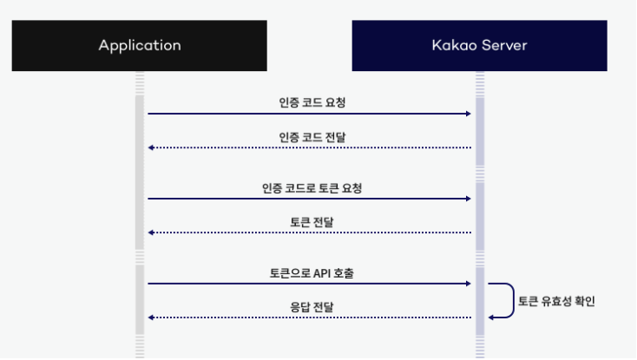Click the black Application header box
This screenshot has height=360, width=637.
[x=140, y=45]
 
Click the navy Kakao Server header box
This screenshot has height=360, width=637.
[x=479, y=45]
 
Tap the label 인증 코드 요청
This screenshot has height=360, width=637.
[x=310, y=101]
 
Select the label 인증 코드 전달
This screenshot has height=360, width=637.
[x=310, y=136]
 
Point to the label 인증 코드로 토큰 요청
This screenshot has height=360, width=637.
[x=310, y=187]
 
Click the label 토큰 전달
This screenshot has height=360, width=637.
[x=311, y=221]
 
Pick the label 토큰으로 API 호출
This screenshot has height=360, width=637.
[x=311, y=272]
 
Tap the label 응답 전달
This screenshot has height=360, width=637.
[x=311, y=306]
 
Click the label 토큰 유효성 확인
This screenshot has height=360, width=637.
[x=556, y=301]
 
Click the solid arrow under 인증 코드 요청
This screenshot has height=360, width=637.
[x=310, y=114]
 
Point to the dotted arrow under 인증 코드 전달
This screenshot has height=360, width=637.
[x=310, y=147]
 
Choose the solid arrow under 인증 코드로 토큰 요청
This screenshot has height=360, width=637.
[x=310, y=199]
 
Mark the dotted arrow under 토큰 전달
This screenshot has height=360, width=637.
[x=310, y=232]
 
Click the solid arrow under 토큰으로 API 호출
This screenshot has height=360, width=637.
[x=310, y=284]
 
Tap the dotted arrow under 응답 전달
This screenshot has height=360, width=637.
[x=310, y=317]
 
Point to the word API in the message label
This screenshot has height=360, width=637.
[x=324, y=272]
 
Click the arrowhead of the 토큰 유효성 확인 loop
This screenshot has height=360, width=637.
[x=492, y=317]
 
